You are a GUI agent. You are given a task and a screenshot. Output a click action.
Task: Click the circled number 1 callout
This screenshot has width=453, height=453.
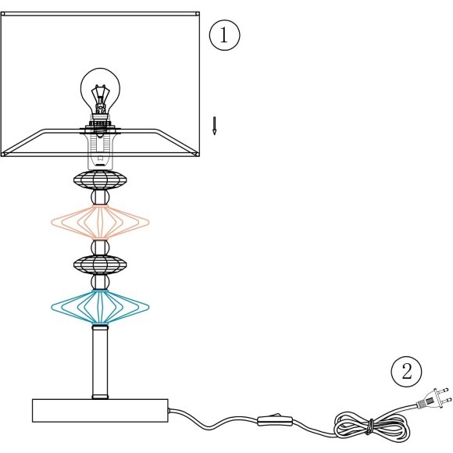pyautogui.click(x=224, y=35)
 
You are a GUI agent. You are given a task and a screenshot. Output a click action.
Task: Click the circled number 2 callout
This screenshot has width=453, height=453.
pyautogui.click(x=406, y=371)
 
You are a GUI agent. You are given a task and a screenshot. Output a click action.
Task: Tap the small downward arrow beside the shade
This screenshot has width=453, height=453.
pyautogui.click(x=214, y=126)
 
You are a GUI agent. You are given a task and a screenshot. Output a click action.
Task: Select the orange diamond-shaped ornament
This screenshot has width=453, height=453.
pyautogui.click(x=100, y=222)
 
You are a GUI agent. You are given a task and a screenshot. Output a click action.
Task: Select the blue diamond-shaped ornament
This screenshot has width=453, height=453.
pyautogui.click(x=100, y=307)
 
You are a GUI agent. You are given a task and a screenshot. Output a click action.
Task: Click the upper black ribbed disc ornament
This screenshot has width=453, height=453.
pyautogui.click(x=100, y=180)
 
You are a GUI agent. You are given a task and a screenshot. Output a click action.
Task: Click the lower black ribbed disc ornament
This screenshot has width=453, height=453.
pyautogui.click(x=100, y=264)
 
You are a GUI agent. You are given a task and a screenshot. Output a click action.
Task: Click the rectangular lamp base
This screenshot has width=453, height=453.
pyautogui.click(x=100, y=411)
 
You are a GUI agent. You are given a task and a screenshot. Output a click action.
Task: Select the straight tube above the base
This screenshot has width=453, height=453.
pyautogui.click(x=100, y=362)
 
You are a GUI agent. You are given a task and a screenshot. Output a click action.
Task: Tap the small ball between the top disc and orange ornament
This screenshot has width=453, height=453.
pyautogui.click(x=100, y=198)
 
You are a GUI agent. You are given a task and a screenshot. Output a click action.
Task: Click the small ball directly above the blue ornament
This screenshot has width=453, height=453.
pyautogui.click(x=100, y=282)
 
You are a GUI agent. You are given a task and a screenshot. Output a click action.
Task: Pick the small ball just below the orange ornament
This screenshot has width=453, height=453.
pyautogui.click(x=100, y=248)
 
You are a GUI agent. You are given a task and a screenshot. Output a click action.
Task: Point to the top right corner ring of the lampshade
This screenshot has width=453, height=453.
pyautogui.click(x=198, y=13)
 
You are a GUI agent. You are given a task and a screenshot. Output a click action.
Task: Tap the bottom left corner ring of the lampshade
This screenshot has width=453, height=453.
pyautogui.click(x=3, y=155)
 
